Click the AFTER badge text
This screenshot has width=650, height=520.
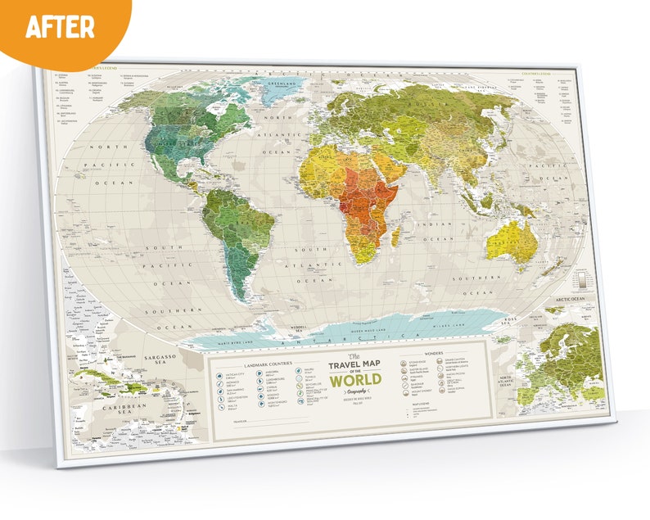[x=59, y=26]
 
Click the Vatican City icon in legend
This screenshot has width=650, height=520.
[x=219, y=374]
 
